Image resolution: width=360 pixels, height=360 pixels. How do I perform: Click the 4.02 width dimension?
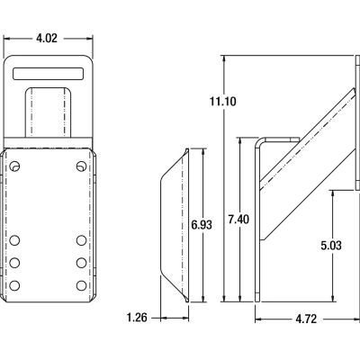pos(50,38)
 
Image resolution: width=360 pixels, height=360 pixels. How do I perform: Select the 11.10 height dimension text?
pos(200,102)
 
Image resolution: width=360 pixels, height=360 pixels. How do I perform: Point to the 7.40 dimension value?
pos(238,219)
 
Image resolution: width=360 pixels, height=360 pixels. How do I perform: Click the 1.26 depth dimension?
pos(138,317)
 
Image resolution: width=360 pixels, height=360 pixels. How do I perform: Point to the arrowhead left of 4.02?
pos(9,39)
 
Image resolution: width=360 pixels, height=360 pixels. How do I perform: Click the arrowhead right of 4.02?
pos(92,39)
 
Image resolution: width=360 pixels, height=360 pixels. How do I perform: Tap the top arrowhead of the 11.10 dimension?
pos(221,59)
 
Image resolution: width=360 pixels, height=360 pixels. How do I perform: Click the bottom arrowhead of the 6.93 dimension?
pos(201,298)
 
